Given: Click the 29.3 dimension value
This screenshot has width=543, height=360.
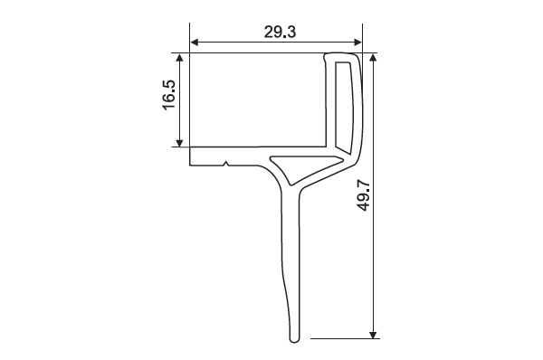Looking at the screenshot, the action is [281, 33].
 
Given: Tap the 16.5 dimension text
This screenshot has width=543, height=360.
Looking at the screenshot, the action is [169, 95].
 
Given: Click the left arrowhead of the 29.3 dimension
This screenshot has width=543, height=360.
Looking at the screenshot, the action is [195, 43].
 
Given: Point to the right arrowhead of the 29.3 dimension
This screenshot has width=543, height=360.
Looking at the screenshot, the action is [357, 43].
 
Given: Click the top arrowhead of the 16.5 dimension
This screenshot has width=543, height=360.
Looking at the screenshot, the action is [179, 58].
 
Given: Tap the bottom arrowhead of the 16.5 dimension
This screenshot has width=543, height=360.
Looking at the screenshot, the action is [179, 143].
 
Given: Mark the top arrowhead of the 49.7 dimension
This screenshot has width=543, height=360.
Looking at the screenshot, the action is [373, 58].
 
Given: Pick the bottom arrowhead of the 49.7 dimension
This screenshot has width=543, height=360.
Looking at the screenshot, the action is [373, 335].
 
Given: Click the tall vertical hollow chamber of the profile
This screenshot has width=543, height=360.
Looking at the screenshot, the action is [344, 107].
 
